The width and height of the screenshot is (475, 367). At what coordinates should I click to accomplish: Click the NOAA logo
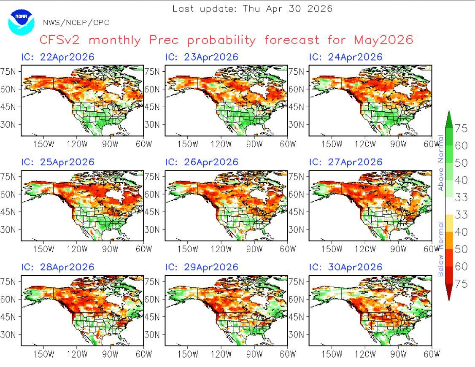click(x=21, y=22)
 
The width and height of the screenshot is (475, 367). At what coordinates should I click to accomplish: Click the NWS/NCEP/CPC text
click(x=76, y=23)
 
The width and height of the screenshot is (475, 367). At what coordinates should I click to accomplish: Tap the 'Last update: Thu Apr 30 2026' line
click(x=253, y=8)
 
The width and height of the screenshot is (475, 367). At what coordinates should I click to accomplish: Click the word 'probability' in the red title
click(x=221, y=40)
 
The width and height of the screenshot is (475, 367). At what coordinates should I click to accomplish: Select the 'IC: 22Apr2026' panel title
click(x=58, y=57)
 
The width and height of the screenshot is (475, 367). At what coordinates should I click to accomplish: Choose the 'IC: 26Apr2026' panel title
click(x=202, y=162)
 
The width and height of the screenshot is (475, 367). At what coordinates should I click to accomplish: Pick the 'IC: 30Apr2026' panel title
click(x=345, y=267)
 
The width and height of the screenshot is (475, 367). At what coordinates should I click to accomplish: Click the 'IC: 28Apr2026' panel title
click(x=58, y=267)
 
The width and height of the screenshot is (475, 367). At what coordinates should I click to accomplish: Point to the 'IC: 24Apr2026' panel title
click(x=345, y=57)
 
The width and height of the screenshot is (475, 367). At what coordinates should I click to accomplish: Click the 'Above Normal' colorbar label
click(x=440, y=162)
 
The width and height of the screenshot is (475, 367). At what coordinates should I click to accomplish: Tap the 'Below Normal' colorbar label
click(x=440, y=249)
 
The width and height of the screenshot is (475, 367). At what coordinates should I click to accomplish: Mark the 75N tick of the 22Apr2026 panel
click(x=8, y=72)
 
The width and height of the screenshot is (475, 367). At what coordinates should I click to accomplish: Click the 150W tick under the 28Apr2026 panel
click(x=43, y=354)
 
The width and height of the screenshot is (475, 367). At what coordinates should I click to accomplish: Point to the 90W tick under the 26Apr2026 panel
click(x=254, y=249)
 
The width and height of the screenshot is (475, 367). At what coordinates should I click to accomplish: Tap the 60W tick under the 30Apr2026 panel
click(x=432, y=354)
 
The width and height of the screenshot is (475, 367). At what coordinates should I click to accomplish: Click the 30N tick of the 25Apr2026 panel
click(x=8, y=229)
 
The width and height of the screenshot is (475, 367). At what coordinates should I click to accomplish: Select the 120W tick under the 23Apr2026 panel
click(x=221, y=144)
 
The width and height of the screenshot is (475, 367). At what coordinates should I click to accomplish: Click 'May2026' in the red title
click(x=383, y=40)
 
